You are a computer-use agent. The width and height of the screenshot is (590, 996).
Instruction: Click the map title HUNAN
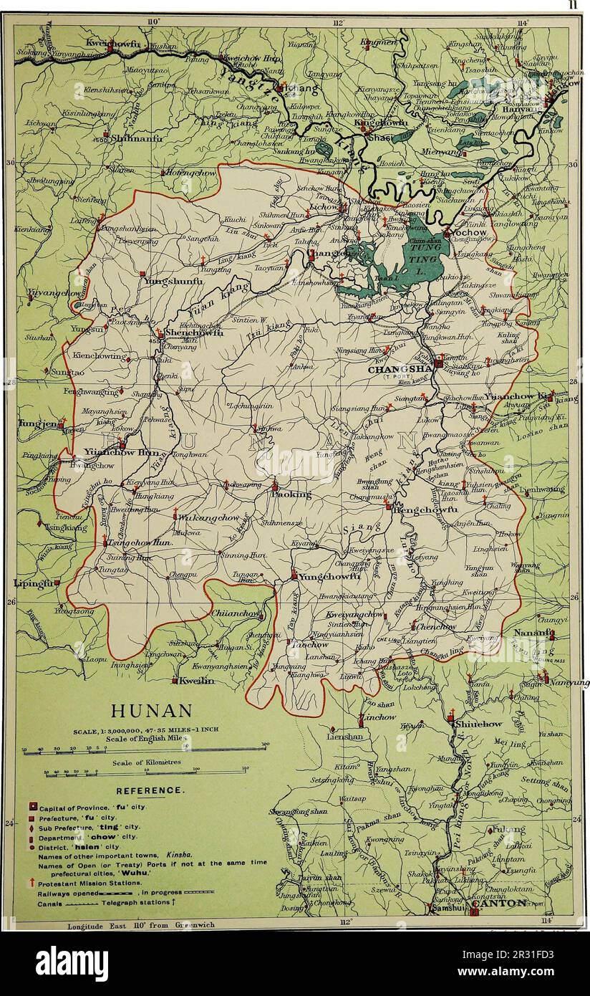(152, 711)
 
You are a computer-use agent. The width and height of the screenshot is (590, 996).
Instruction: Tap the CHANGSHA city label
(397, 370)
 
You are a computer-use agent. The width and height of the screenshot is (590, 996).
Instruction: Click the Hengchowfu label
(428, 509)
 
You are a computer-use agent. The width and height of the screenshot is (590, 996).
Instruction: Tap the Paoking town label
(293, 494)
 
